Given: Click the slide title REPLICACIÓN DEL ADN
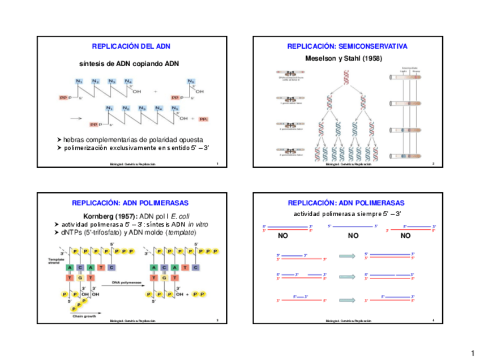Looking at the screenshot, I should click(x=131, y=46).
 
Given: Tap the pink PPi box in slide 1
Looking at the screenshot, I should click(x=204, y=119).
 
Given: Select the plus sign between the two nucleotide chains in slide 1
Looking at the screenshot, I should click(x=156, y=91).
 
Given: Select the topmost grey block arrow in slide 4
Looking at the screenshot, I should click(x=346, y=256).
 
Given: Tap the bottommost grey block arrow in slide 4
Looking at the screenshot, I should click(x=346, y=298).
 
